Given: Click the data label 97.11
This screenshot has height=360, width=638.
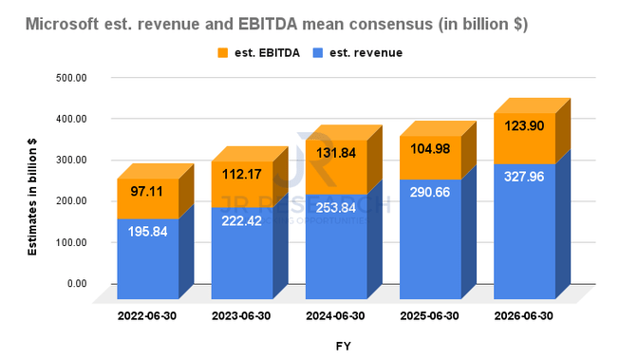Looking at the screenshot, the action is click(x=146, y=191).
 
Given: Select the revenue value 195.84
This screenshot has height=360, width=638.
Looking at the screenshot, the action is click(x=148, y=232).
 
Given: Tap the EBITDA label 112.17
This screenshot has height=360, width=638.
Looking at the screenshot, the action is click(x=242, y=174).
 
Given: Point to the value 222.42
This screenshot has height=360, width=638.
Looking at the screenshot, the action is click(x=242, y=220).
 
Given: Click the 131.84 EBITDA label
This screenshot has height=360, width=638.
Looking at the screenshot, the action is click(x=336, y=153).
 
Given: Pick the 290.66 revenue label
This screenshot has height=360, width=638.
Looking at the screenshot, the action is click(x=430, y=192).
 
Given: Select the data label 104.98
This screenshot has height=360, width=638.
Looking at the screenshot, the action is click(x=430, y=149).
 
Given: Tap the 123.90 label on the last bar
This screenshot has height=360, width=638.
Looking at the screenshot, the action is click(x=524, y=125).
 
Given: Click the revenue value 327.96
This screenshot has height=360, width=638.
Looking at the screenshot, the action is click(x=524, y=177).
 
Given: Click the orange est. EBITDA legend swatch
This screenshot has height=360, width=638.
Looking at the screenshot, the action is click(x=222, y=53).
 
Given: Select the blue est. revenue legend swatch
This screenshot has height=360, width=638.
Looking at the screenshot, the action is click(x=318, y=53).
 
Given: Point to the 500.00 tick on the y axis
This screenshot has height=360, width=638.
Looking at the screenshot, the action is click(x=71, y=77).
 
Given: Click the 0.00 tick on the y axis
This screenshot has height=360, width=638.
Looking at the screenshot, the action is click(x=77, y=283).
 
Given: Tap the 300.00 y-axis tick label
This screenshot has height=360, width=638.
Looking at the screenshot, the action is click(x=71, y=160).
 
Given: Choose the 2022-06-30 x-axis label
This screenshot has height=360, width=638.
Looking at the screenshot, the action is click(x=147, y=316).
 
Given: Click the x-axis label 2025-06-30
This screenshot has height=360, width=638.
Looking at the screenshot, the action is click(x=430, y=316).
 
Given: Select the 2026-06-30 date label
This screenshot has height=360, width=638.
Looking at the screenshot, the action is click(x=524, y=316).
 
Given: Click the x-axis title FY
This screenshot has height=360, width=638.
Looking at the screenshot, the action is click(x=344, y=346).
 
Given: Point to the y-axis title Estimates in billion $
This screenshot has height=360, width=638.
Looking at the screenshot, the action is click(x=32, y=197).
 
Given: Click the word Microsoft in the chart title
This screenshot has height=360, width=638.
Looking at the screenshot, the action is click(x=63, y=24).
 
